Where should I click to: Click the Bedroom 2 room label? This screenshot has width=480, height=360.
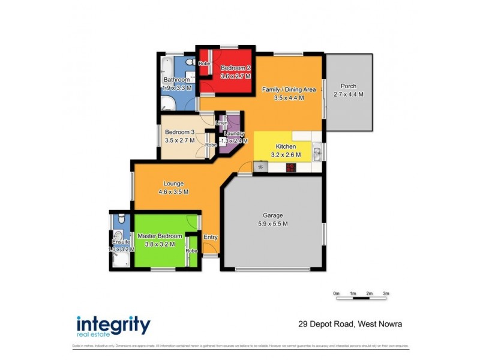pos(231,68)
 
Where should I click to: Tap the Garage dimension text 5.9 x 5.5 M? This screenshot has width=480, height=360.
pos(269,224)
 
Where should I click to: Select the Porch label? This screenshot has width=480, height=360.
pos(348,86)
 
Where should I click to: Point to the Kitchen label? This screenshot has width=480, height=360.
pos(285,146)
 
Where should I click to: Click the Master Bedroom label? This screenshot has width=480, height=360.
pos(160,236)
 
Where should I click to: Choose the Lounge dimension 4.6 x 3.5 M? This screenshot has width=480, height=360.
pos(173,192)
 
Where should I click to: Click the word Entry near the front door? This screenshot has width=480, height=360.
pos(211,238)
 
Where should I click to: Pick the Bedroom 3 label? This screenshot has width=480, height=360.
pos(180,132)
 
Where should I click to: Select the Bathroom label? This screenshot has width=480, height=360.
pos(177,80)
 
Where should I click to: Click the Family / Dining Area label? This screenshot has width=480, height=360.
pos(289,89)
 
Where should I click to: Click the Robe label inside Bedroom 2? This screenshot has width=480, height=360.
pos(204,63)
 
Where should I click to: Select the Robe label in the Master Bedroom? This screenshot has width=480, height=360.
pos(191,250)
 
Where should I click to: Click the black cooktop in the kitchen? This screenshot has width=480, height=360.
pos(290,167)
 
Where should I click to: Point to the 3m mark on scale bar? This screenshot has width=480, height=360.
pos(386,293)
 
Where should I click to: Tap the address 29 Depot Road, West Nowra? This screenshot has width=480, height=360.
pos(350,325)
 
